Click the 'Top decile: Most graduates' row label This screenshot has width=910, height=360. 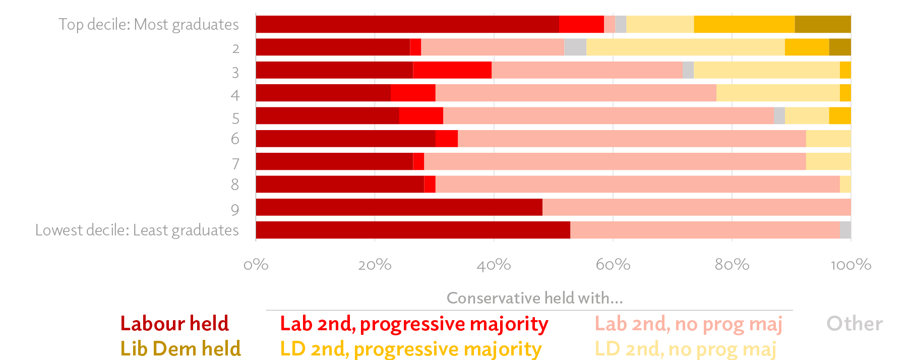click(148, 24)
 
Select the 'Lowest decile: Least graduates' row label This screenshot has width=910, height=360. click(137, 230)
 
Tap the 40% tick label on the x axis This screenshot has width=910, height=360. click(494, 265)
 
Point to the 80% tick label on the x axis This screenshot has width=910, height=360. click(732, 265)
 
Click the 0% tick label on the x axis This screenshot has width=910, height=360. click(256, 265)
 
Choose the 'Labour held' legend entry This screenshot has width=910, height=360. click(174, 324)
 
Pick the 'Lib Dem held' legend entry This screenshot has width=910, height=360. click(180, 348)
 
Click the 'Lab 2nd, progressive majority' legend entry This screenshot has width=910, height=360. click(414, 324)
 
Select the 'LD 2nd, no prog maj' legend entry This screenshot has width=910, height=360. click(685, 348)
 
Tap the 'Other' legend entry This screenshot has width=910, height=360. click(855, 324)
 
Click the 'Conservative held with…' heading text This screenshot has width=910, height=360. click(535, 298)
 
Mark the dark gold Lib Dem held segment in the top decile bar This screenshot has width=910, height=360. click(822, 24)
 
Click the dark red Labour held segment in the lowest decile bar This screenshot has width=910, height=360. click(412, 230)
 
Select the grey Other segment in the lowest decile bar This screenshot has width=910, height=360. click(845, 230)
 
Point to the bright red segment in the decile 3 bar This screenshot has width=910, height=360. click(452, 70)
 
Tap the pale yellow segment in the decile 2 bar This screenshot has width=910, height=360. click(685, 47)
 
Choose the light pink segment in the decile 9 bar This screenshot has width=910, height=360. click(696, 207)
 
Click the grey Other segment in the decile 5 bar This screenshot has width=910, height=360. click(779, 115)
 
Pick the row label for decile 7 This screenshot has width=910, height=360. click(235, 164)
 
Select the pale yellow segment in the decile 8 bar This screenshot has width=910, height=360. click(845, 184)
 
